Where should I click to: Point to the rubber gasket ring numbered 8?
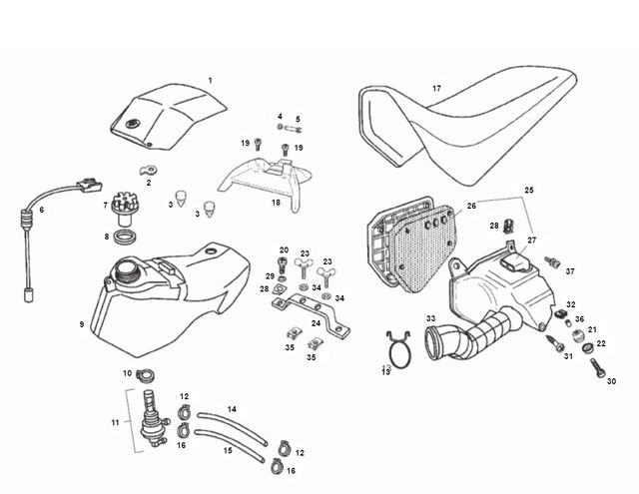point(126,238)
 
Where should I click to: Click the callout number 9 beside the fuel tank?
point(82,324)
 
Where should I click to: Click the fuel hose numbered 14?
point(233,427)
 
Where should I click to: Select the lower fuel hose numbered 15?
point(230,446)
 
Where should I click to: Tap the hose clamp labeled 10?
point(145,375)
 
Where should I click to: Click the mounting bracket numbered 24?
point(312,313)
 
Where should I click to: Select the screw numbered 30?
point(598,367)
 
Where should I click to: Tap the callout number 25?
point(528,190)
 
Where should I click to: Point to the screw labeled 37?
point(553,262)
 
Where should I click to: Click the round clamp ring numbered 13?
point(398,350)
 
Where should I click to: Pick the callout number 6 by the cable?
point(42,211)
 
